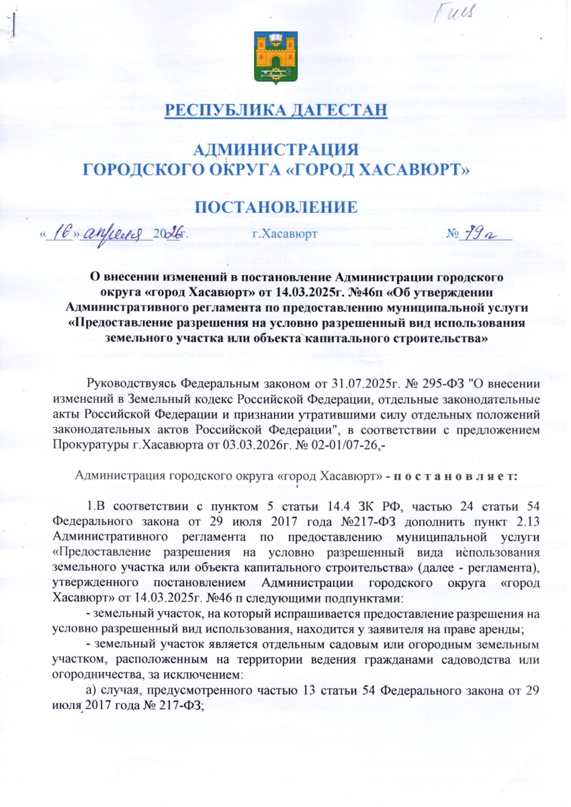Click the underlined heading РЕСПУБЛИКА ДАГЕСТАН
[x=276, y=110]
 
